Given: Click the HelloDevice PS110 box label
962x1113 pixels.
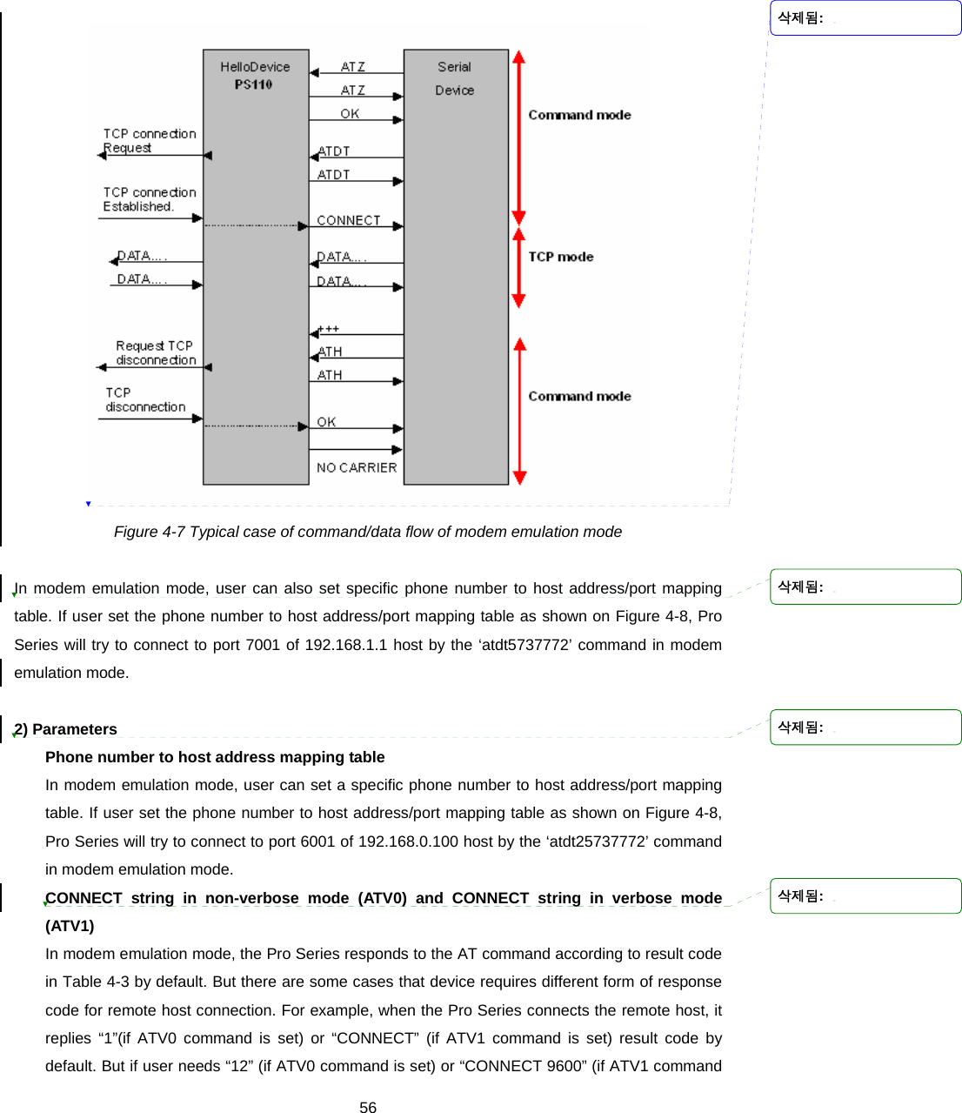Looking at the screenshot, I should [x=254, y=76].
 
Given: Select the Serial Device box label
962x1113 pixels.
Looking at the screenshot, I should [x=454, y=78].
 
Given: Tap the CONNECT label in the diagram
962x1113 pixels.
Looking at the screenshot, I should [x=348, y=220].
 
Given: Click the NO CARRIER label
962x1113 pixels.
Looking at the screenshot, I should [x=357, y=467].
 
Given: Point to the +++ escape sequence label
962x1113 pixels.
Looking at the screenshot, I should [x=329, y=329].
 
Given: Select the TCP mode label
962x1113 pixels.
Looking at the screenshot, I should [x=561, y=257].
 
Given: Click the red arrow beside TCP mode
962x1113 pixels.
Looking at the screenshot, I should [x=519, y=268].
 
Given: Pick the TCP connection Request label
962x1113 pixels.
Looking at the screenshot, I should [x=149, y=140].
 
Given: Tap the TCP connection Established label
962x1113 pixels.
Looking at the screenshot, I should [x=149, y=199].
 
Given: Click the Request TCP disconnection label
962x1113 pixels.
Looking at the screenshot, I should [x=156, y=352].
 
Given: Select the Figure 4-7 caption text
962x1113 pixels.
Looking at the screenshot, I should [x=368, y=532].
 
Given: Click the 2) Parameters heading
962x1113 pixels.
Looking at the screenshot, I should [x=67, y=729].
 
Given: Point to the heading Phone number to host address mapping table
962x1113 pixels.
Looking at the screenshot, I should [x=215, y=757].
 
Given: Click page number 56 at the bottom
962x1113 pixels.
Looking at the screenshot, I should [x=368, y=1107].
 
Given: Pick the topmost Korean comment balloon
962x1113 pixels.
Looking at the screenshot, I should [x=865, y=18].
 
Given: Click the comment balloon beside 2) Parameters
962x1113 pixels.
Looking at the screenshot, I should [x=865, y=727].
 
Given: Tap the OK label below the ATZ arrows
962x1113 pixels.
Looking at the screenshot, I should [x=350, y=113].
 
